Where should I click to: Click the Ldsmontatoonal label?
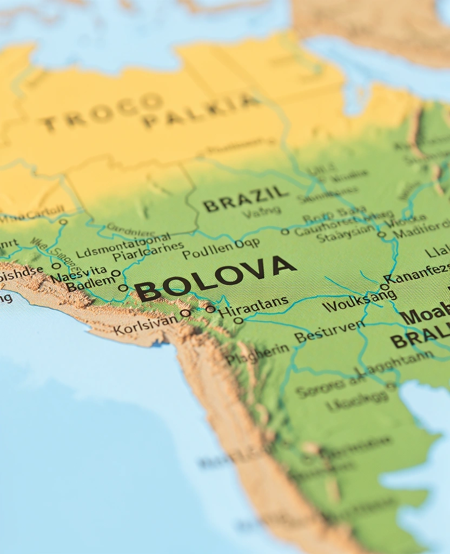123,245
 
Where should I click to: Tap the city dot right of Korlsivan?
185,313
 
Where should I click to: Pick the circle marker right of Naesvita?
116,273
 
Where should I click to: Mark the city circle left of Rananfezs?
384,287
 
